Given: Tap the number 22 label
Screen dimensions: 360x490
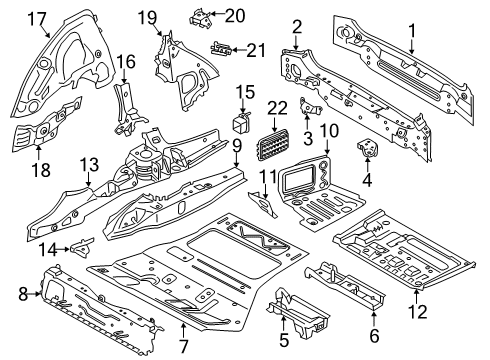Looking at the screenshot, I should click(x=279, y=111).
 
